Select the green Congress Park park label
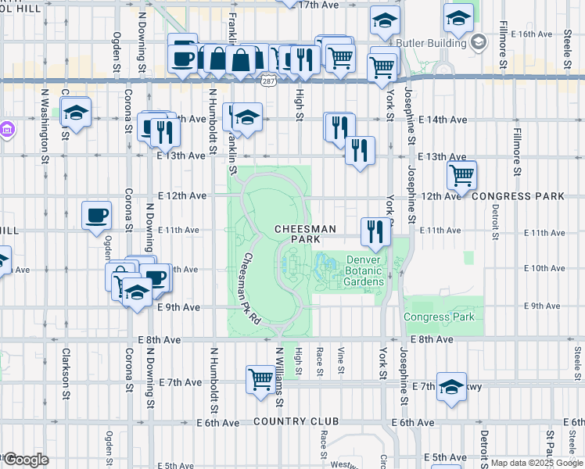439,317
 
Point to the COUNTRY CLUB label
296,422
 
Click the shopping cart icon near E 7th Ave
260,378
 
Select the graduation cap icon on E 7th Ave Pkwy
451,386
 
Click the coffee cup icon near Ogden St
97,214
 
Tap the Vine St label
341,361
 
